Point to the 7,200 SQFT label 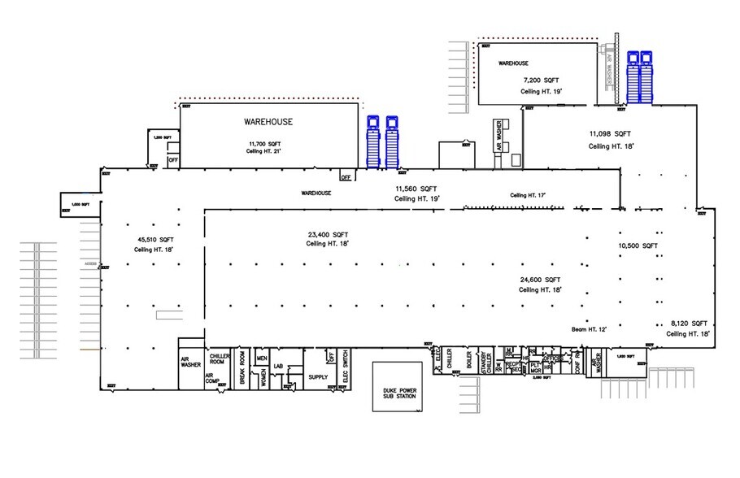click(542, 80)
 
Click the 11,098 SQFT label click(610, 133)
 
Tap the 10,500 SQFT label click(638, 245)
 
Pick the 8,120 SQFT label click(687, 322)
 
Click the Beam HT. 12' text click(589, 329)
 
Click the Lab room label click(278, 366)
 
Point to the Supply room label click(318, 377)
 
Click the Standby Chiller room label click(485, 359)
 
